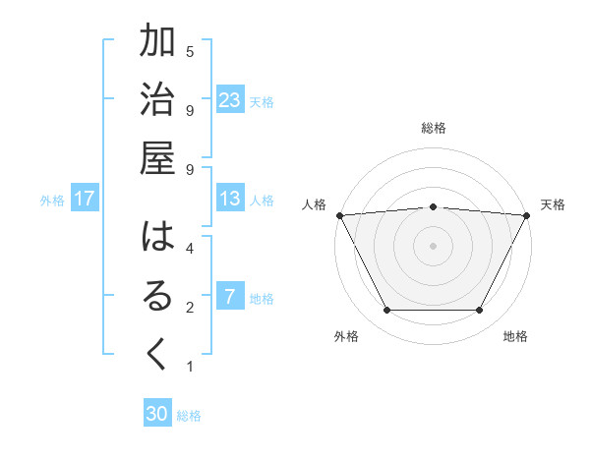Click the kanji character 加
(x=157, y=43)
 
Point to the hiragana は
(x=157, y=239)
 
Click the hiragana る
(x=157, y=298)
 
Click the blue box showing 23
(x=230, y=100)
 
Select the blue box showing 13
(x=230, y=200)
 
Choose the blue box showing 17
(x=85, y=200)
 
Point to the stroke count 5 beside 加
(x=190, y=50)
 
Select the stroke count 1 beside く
(x=190, y=367)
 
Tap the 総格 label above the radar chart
(x=434, y=128)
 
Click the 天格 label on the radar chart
(x=553, y=204)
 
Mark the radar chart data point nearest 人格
(x=339, y=214)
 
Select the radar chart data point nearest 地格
(x=480, y=311)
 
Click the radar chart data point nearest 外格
(x=386, y=311)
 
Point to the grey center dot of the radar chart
(x=433, y=245)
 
